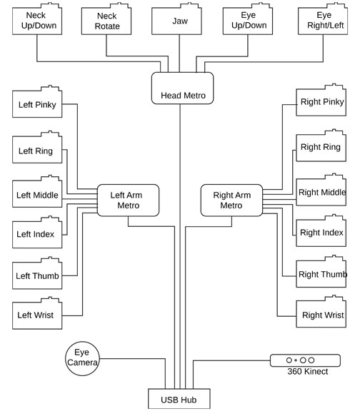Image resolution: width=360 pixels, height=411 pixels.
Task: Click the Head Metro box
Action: (x=182, y=88)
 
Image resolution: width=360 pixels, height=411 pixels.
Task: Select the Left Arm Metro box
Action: (x=128, y=201)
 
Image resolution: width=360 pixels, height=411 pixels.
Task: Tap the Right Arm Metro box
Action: (x=231, y=201)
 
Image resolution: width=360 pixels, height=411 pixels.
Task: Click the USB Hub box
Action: (x=179, y=399)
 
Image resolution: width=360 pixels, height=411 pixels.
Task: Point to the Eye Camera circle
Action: (x=82, y=358)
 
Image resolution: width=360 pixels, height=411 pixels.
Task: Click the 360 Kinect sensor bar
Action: (x=305, y=360)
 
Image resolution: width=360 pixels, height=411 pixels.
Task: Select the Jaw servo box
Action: (x=176, y=19)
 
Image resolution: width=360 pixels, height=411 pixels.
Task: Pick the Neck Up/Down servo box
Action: (x=37, y=19)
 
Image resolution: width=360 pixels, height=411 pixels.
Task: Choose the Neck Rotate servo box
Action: (x=106, y=19)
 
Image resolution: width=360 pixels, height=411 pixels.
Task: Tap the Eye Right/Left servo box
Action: (x=323, y=19)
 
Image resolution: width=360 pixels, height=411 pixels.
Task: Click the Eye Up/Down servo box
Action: (x=248, y=19)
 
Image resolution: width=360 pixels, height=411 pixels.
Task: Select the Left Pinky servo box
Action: (x=37, y=101)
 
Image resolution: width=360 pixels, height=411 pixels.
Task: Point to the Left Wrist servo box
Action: (x=37, y=313)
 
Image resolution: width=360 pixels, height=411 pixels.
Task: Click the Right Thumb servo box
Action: (x=321, y=272)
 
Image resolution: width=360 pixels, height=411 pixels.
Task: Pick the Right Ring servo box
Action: (x=321, y=146)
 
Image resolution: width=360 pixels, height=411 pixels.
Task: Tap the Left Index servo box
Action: (x=37, y=232)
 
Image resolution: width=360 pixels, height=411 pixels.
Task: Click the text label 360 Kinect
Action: (x=308, y=372)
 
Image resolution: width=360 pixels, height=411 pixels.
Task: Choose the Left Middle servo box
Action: (x=37, y=191)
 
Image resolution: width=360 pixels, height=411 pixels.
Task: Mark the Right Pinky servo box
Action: (x=321, y=100)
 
